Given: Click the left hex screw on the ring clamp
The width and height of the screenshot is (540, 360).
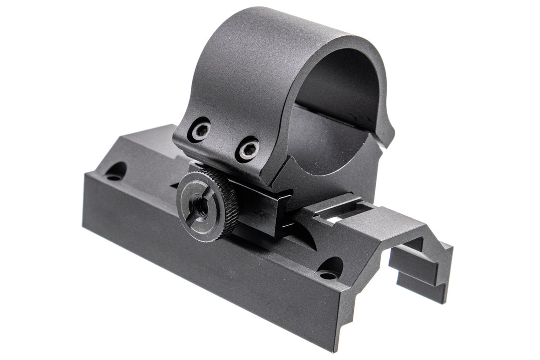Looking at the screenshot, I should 199,129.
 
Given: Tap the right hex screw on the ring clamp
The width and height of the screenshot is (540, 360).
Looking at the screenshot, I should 247,149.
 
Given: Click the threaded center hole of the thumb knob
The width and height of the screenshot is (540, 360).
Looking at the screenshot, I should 202,208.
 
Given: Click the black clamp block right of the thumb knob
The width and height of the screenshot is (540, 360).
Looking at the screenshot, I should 256,210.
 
